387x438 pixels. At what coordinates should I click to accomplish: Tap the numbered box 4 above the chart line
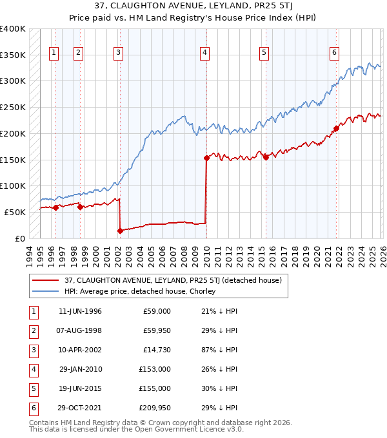pos(204,53)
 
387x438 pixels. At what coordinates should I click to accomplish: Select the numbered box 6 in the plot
pos(335,53)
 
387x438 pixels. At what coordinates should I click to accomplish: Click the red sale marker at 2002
pos(120,230)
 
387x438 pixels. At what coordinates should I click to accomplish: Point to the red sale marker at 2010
pos(206,158)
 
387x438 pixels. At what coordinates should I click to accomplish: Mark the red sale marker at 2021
pos(336,128)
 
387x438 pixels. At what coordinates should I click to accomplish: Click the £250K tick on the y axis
pos(13,108)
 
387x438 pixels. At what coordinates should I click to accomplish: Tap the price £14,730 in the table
pos(157,350)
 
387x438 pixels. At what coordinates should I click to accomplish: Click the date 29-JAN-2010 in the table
pos(81,369)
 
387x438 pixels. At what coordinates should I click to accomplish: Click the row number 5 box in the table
pos(32,388)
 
